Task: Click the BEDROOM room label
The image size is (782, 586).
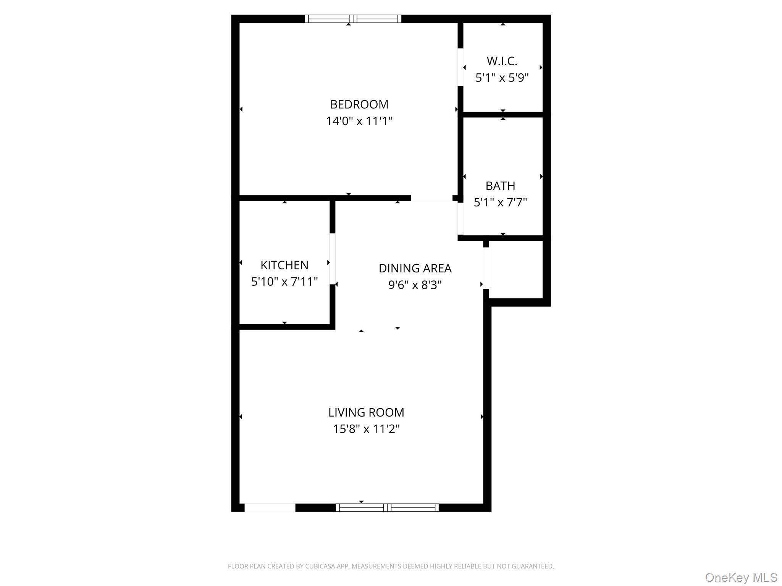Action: tap(359, 104)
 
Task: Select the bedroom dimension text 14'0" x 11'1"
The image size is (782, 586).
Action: tap(359, 121)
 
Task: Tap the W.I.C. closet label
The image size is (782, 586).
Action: tap(502, 61)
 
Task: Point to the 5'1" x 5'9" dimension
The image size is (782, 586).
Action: tap(502, 78)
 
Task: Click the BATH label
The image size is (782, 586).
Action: tap(500, 186)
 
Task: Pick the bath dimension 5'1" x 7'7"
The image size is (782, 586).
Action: tap(500, 202)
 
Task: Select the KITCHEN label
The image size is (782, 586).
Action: tap(284, 265)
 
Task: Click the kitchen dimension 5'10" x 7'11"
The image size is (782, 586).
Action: tap(284, 282)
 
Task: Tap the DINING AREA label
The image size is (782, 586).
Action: tap(415, 268)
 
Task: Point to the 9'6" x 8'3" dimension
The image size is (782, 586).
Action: tap(415, 285)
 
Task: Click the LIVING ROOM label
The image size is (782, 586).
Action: tap(366, 412)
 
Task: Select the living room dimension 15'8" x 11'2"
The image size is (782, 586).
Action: tap(366, 429)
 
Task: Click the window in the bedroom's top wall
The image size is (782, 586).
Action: tap(353, 19)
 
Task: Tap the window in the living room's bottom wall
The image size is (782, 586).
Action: tap(387, 507)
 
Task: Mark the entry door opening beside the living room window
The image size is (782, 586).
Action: tap(270, 507)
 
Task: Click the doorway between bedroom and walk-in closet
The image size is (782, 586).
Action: tap(460, 67)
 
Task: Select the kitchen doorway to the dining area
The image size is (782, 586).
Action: tap(333, 259)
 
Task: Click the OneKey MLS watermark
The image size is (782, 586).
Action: tap(741, 577)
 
